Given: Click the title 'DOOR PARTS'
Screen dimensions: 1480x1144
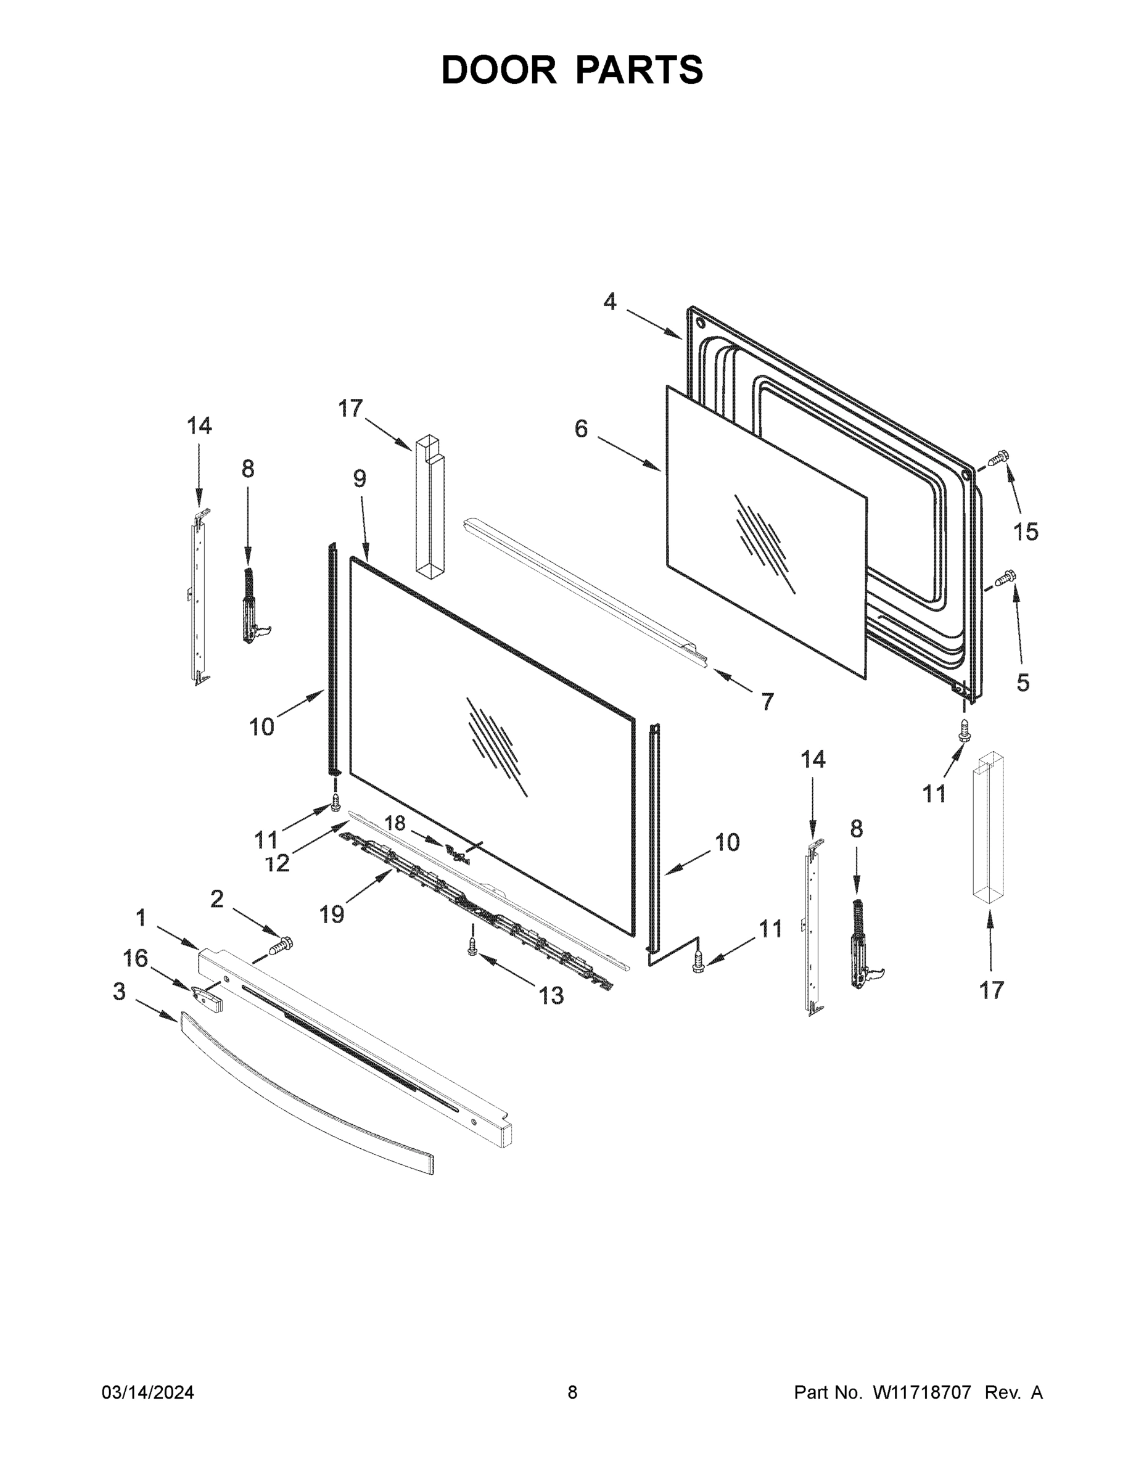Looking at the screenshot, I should click(x=572, y=70).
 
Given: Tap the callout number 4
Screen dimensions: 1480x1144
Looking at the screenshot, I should click(x=610, y=302).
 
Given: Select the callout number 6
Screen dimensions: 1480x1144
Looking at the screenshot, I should click(x=581, y=429).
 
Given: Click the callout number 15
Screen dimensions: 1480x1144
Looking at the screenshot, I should click(x=1026, y=532).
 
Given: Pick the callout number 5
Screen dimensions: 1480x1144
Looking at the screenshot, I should click(x=1023, y=683).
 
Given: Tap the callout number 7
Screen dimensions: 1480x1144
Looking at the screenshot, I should click(x=767, y=701).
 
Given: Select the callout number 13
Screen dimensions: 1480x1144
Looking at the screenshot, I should click(x=551, y=995).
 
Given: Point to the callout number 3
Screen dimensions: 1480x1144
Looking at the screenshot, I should click(x=119, y=992).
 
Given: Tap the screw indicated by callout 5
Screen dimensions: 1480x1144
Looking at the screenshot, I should click(x=1005, y=577).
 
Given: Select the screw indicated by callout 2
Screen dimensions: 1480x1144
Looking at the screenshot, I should click(x=281, y=945).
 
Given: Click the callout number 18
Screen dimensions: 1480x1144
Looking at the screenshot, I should click(x=395, y=823).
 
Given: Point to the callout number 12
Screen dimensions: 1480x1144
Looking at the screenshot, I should click(x=277, y=863).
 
